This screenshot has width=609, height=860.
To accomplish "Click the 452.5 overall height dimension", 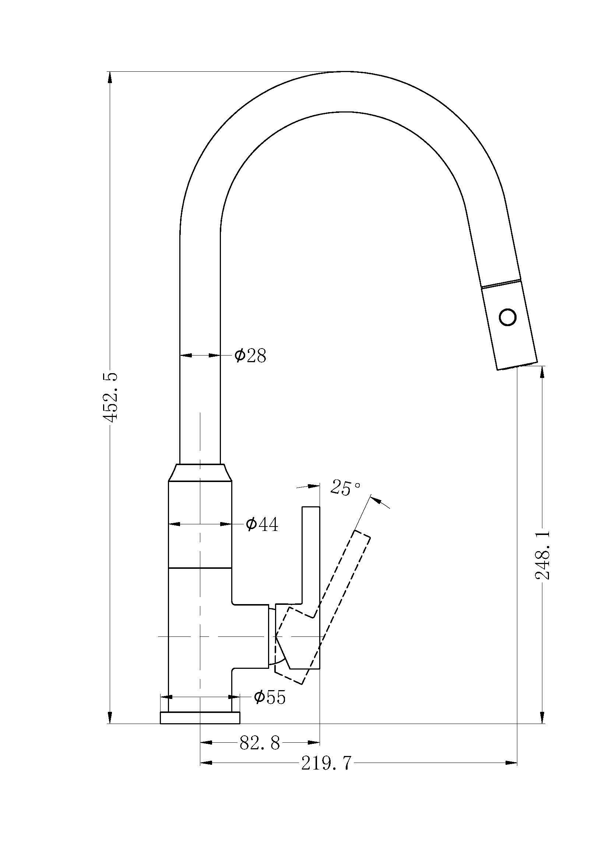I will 111,397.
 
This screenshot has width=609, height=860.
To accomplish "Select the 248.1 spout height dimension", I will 543,555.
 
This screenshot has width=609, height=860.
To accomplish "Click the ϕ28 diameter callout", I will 250,356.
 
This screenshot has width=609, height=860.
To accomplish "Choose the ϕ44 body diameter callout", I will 262,524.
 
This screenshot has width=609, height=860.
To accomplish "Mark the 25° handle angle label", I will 346,488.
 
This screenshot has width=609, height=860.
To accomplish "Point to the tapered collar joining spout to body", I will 200,473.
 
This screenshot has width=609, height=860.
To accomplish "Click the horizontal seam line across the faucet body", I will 200,568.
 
